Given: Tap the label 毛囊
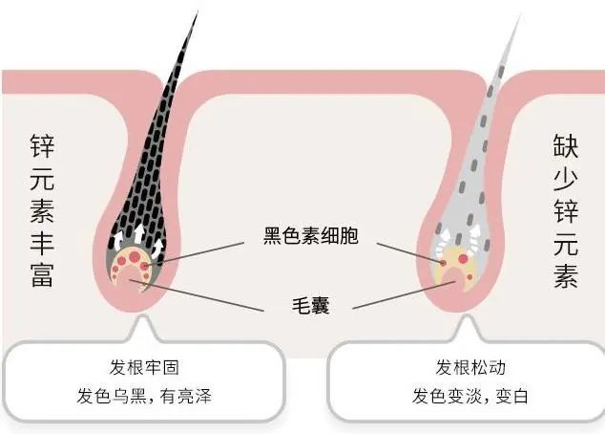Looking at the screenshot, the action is click(310, 308).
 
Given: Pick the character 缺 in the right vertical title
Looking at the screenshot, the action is click(566, 146).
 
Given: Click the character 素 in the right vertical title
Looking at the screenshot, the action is click(566, 273).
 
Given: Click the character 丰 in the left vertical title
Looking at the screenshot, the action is click(43, 232).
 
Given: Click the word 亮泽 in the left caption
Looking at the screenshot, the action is click(194, 397).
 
